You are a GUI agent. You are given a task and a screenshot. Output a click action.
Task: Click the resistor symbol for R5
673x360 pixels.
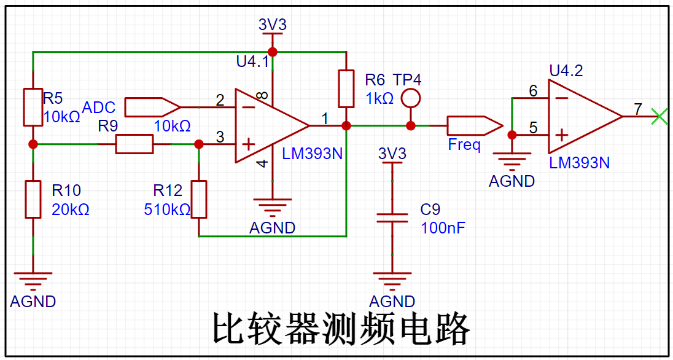coord(33,108)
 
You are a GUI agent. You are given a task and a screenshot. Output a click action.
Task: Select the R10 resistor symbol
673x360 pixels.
coord(33,199)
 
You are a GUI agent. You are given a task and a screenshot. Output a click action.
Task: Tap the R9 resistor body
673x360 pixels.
coord(134,144)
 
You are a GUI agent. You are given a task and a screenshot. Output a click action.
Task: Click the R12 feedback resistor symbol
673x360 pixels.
coord(199,199)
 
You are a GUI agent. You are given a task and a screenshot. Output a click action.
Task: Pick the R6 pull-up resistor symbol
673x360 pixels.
coord(346,89)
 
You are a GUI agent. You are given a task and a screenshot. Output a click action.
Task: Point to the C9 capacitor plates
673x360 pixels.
coord(392,217)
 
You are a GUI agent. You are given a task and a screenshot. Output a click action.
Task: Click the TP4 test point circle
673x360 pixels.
coord(411,98)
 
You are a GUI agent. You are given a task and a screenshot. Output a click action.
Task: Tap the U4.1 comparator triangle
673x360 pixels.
coord(268,126)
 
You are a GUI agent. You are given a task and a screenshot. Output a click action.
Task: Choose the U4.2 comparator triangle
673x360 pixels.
coord(581,117)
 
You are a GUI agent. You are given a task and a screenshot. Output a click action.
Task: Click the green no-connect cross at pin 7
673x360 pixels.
coord(660,116)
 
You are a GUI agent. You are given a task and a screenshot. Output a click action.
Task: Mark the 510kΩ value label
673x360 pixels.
coord(167,209)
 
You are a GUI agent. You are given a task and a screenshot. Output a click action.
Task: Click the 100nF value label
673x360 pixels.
coord(443,228)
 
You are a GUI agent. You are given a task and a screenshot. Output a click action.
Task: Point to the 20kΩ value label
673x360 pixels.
coord(71,209)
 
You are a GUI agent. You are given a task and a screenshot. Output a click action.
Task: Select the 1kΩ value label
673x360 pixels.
coord(379,98)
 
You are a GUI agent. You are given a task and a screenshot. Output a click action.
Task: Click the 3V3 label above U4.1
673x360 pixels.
coord(272,25)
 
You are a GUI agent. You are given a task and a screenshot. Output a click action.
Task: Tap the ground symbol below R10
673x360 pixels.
coord(33,281)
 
